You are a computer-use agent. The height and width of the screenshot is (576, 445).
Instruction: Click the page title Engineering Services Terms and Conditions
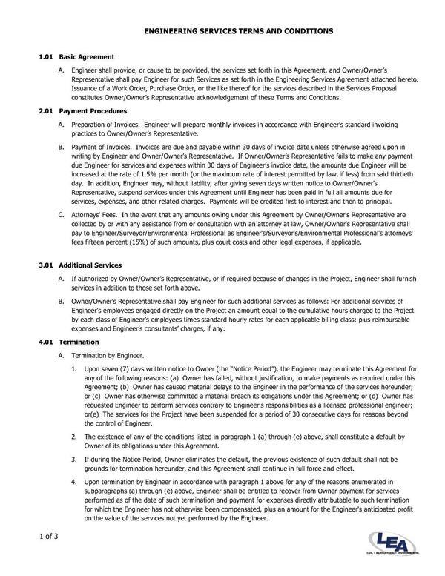(222, 32)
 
